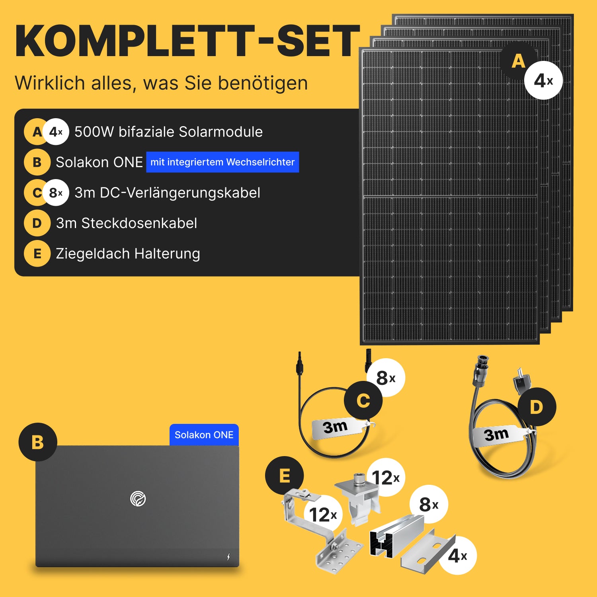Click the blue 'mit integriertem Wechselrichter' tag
(222, 162)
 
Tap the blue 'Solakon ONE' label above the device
(204, 435)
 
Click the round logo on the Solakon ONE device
(138, 499)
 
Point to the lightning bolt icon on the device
(228, 556)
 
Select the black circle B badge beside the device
(38, 442)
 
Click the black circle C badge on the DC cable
(363, 400)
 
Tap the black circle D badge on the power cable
(537, 407)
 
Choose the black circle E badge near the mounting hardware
(285, 476)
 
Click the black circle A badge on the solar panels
(518, 61)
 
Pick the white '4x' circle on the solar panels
(543, 80)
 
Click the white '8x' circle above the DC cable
(386, 378)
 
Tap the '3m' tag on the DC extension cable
(337, 428)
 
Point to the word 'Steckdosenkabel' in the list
(139, 223)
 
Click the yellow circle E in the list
(37, 254)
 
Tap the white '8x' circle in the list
(56, 193)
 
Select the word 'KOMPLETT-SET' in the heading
(187, 41)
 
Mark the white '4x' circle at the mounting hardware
(457, 555)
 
